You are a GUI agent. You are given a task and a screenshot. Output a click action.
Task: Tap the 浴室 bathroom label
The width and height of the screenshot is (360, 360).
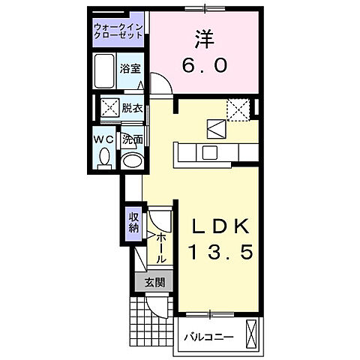tap(130, 68)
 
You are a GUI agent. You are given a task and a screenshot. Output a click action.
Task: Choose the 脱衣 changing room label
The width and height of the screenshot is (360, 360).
tap(133, 107)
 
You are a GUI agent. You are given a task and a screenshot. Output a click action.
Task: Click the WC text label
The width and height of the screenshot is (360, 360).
tap(103, 139)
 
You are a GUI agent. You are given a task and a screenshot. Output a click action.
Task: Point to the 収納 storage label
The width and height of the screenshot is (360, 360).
tap(133, 222)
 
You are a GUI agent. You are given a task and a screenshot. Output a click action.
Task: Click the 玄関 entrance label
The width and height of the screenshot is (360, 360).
tap(154, 283)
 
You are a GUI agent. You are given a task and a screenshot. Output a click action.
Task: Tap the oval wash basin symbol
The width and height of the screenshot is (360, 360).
tap(132, 160)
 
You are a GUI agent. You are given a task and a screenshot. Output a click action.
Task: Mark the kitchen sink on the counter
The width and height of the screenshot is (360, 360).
tap(209, 152)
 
